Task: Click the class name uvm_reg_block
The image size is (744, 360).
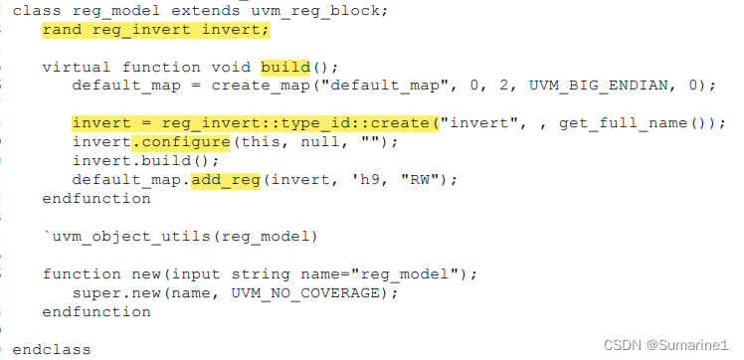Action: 328,9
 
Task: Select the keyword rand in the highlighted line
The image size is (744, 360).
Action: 62,29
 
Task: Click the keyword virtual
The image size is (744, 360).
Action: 78,67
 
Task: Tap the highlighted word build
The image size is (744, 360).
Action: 285,67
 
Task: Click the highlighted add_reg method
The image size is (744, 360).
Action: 226,180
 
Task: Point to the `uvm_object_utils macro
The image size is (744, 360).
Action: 115,236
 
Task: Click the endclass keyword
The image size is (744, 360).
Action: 52,349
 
